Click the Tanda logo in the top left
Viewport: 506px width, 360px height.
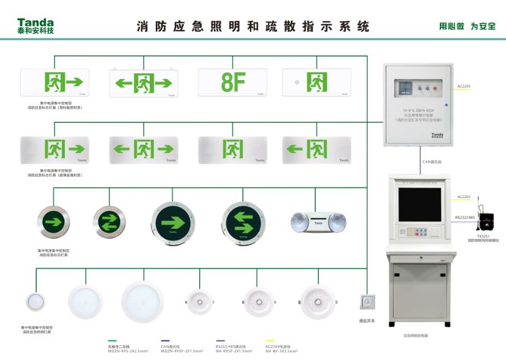35,25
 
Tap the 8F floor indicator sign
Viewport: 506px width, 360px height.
233,83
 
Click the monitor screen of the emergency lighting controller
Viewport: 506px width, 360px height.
419,205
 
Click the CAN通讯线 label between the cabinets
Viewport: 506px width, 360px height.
432,161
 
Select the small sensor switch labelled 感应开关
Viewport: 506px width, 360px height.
368,302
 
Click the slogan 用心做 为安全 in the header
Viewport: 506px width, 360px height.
467,26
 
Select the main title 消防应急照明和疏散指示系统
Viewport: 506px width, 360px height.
253,27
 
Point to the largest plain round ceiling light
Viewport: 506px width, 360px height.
142,301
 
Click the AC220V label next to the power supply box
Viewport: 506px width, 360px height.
464,86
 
